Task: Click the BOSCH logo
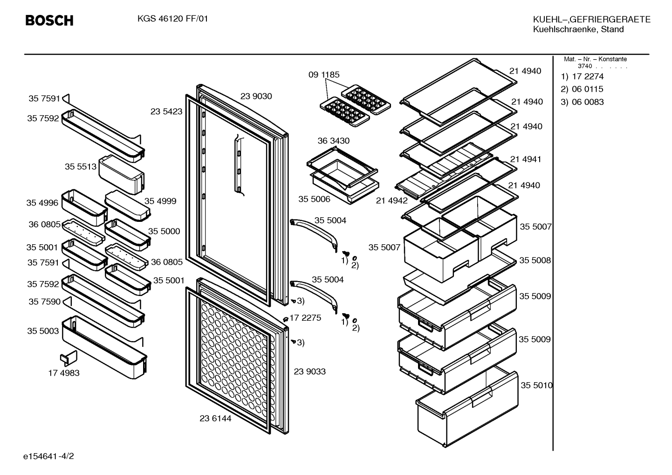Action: coord(49,21)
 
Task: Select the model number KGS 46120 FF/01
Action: coord(172,19)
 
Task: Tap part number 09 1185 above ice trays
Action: coord(324,75)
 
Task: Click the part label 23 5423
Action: coord(166,111)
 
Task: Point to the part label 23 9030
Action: coord(256,96)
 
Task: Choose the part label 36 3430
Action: coord(334,140)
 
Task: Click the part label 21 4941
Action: coord(526,159)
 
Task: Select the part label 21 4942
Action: coord(392,200)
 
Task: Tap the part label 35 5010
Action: coord(536,385)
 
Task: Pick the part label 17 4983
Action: coord(64,372)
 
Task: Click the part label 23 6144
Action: coord(215,418)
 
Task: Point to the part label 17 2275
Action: coord(305,317)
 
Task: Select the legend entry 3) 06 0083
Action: coord(582,102)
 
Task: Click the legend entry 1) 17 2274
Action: coord(582,76)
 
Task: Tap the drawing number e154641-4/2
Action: coord(48,456)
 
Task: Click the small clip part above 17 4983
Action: coord(69,357)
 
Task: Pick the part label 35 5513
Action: coord(81,166)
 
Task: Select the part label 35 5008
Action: coord(535,260)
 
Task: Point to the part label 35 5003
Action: coord(43,330)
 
